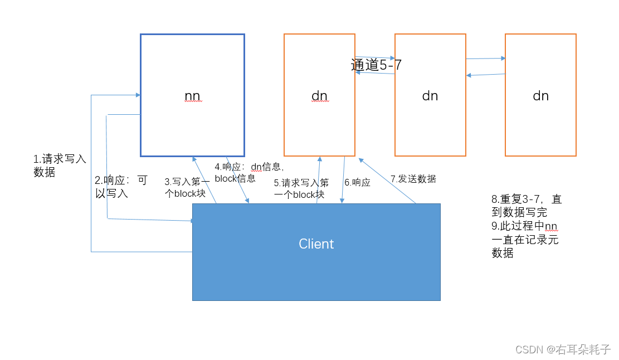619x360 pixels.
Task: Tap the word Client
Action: pyautogui.click(x=316, y=244)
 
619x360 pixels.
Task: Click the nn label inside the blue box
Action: pyautogui.click(x=192, y=96)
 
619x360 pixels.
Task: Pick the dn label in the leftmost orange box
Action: pyautogui.click(x=319, y=96)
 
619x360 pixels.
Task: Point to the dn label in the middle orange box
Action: pyautogui.click(x=430, y=96)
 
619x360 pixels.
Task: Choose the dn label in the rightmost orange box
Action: pyautogui.click(x=540, y=96)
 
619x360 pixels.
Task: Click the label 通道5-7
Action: pyautogui.click(x=376, y=65)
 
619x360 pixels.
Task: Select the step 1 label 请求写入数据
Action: pyautogui.click(x=60, y=166)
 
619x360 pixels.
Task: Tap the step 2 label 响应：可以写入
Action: pyautogui.click(x=121, y=187)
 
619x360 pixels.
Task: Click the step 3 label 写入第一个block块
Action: pyautogui.click(x=187, y=188)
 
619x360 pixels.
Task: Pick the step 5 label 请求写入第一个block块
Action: pyautogui.click(x=301, y=188)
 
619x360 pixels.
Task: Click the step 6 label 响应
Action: pyautogui.click(x=357, y=182)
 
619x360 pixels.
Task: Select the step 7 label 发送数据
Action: pyautogui.click(x=413, y=179)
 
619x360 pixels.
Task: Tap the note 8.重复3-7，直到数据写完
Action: pyautogui.click(x=526, y=206)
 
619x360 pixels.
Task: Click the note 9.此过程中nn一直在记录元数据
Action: pyautogui.click(x=524, y=239)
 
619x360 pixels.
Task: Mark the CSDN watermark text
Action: pyautogui.click(x=563, y=349)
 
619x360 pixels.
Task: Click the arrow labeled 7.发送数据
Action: pyautogui.click(x=388, y=181)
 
